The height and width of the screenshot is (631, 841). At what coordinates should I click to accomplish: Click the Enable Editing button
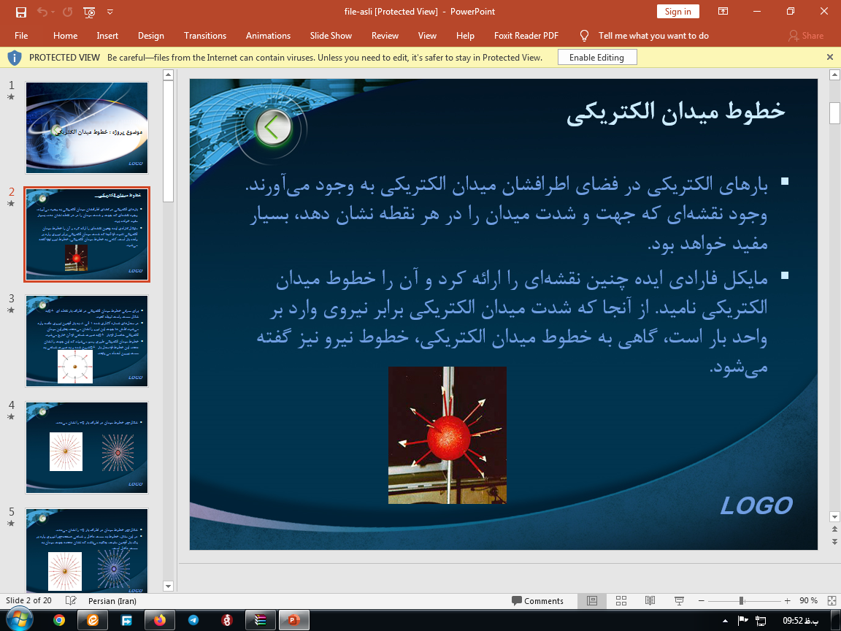tap(596, 58)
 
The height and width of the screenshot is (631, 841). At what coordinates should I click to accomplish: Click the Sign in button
tap(677, 12)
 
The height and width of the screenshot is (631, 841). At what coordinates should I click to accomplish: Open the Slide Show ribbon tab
tap(331, 36)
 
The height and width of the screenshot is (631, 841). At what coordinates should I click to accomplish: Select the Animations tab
tap(268, 36)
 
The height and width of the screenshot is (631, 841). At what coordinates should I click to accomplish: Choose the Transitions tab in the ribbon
tap(205, 36)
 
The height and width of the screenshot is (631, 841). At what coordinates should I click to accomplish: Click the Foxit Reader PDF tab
tap(526, 36)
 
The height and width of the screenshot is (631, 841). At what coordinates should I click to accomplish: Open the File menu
tap(21, 36)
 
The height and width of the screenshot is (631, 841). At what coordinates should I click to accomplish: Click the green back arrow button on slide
tap(273, 128)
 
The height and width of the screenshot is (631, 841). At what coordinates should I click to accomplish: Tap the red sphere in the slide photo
tap(446, 437)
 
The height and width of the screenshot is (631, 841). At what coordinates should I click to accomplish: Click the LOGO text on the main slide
tap(756, 505)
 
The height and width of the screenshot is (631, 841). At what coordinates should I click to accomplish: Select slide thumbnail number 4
tap(87, 447)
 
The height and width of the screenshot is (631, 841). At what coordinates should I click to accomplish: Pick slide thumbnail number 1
tap(87, 127)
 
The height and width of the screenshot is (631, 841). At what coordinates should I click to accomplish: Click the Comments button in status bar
tap(537, 601)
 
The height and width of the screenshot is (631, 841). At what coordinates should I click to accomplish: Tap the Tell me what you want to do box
tap(653, 36)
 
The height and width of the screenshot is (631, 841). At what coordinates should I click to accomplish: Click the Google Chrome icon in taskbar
tap(59, 620)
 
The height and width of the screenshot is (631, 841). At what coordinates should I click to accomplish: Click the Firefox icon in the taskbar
tap(160, 620)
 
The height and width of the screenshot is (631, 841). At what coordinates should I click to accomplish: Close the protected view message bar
tap(829, 57)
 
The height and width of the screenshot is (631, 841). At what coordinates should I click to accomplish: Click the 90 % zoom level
tap(808, 601)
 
